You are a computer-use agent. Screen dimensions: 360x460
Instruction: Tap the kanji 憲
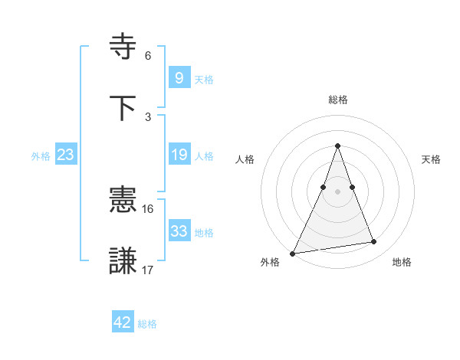pos(124,201)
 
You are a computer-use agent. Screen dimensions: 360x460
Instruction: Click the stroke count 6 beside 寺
pos(148,55)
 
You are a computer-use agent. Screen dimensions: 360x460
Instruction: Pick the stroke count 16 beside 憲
pos(148,208)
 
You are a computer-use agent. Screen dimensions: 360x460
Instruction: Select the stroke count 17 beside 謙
pos(148,270)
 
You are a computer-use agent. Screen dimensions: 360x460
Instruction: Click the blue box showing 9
pos(179,78)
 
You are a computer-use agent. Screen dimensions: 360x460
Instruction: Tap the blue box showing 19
pos(179,155)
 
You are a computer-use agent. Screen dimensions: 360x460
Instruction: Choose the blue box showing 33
pos(179,231)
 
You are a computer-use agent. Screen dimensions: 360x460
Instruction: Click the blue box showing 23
pos(65,155)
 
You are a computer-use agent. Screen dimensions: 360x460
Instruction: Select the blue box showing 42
pos(123,322)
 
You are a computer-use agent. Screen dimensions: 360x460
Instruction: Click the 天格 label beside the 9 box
pos(204,80)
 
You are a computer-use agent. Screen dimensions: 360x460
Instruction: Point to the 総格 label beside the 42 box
pos(147,324)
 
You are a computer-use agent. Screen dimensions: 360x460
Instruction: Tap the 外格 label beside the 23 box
pos(41,156)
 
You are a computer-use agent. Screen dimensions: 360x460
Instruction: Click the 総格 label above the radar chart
pos(337,100)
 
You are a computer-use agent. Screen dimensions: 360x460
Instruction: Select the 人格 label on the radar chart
pos(245,159)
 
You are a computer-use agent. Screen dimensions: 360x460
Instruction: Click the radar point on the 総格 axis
pos(337,146)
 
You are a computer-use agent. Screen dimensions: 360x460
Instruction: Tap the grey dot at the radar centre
pos(337,191)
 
